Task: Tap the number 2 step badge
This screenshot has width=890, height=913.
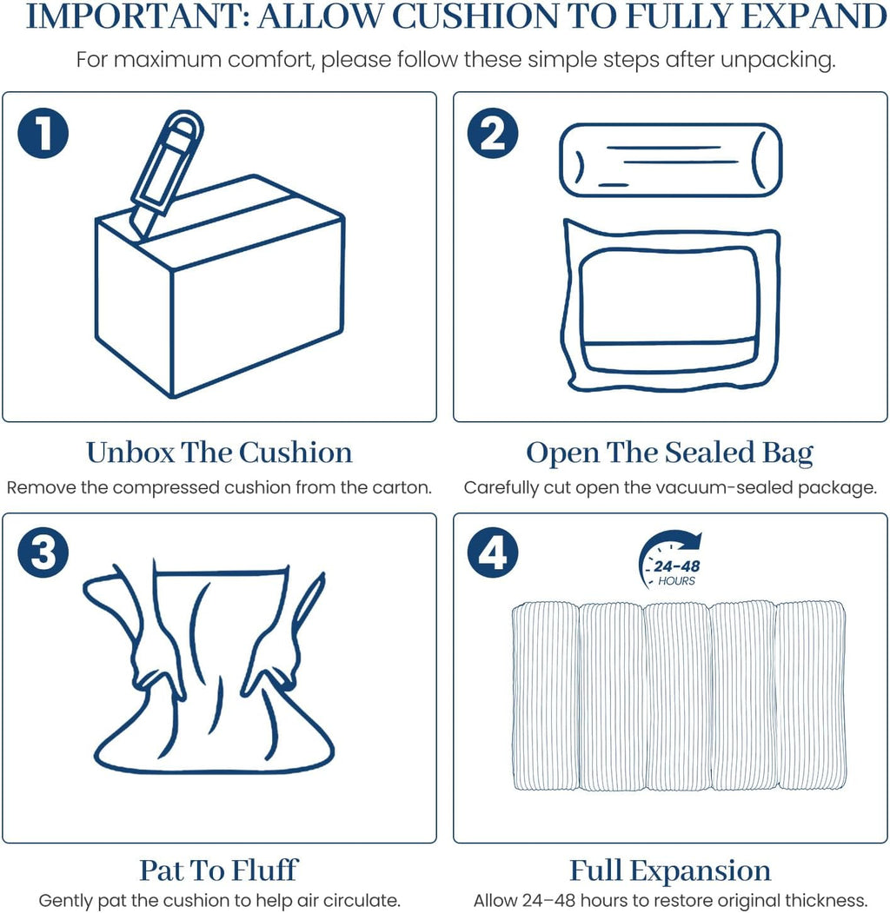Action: (493, 133)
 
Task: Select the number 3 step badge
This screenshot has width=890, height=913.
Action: (43, 552)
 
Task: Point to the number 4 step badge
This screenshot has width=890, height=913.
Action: (493, 552)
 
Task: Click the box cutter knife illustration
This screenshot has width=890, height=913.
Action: (166, 175)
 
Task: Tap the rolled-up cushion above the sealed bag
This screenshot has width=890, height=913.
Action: (670, 160)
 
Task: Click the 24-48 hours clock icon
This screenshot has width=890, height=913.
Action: (671, 559)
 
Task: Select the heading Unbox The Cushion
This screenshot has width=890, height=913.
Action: (219, 453)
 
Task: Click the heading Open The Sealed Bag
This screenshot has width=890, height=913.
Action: (670, 453)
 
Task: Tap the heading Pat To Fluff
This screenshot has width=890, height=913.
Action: (219, 870)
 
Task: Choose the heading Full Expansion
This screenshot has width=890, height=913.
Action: (670, 871)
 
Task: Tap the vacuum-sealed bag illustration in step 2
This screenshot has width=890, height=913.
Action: (670, 306)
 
